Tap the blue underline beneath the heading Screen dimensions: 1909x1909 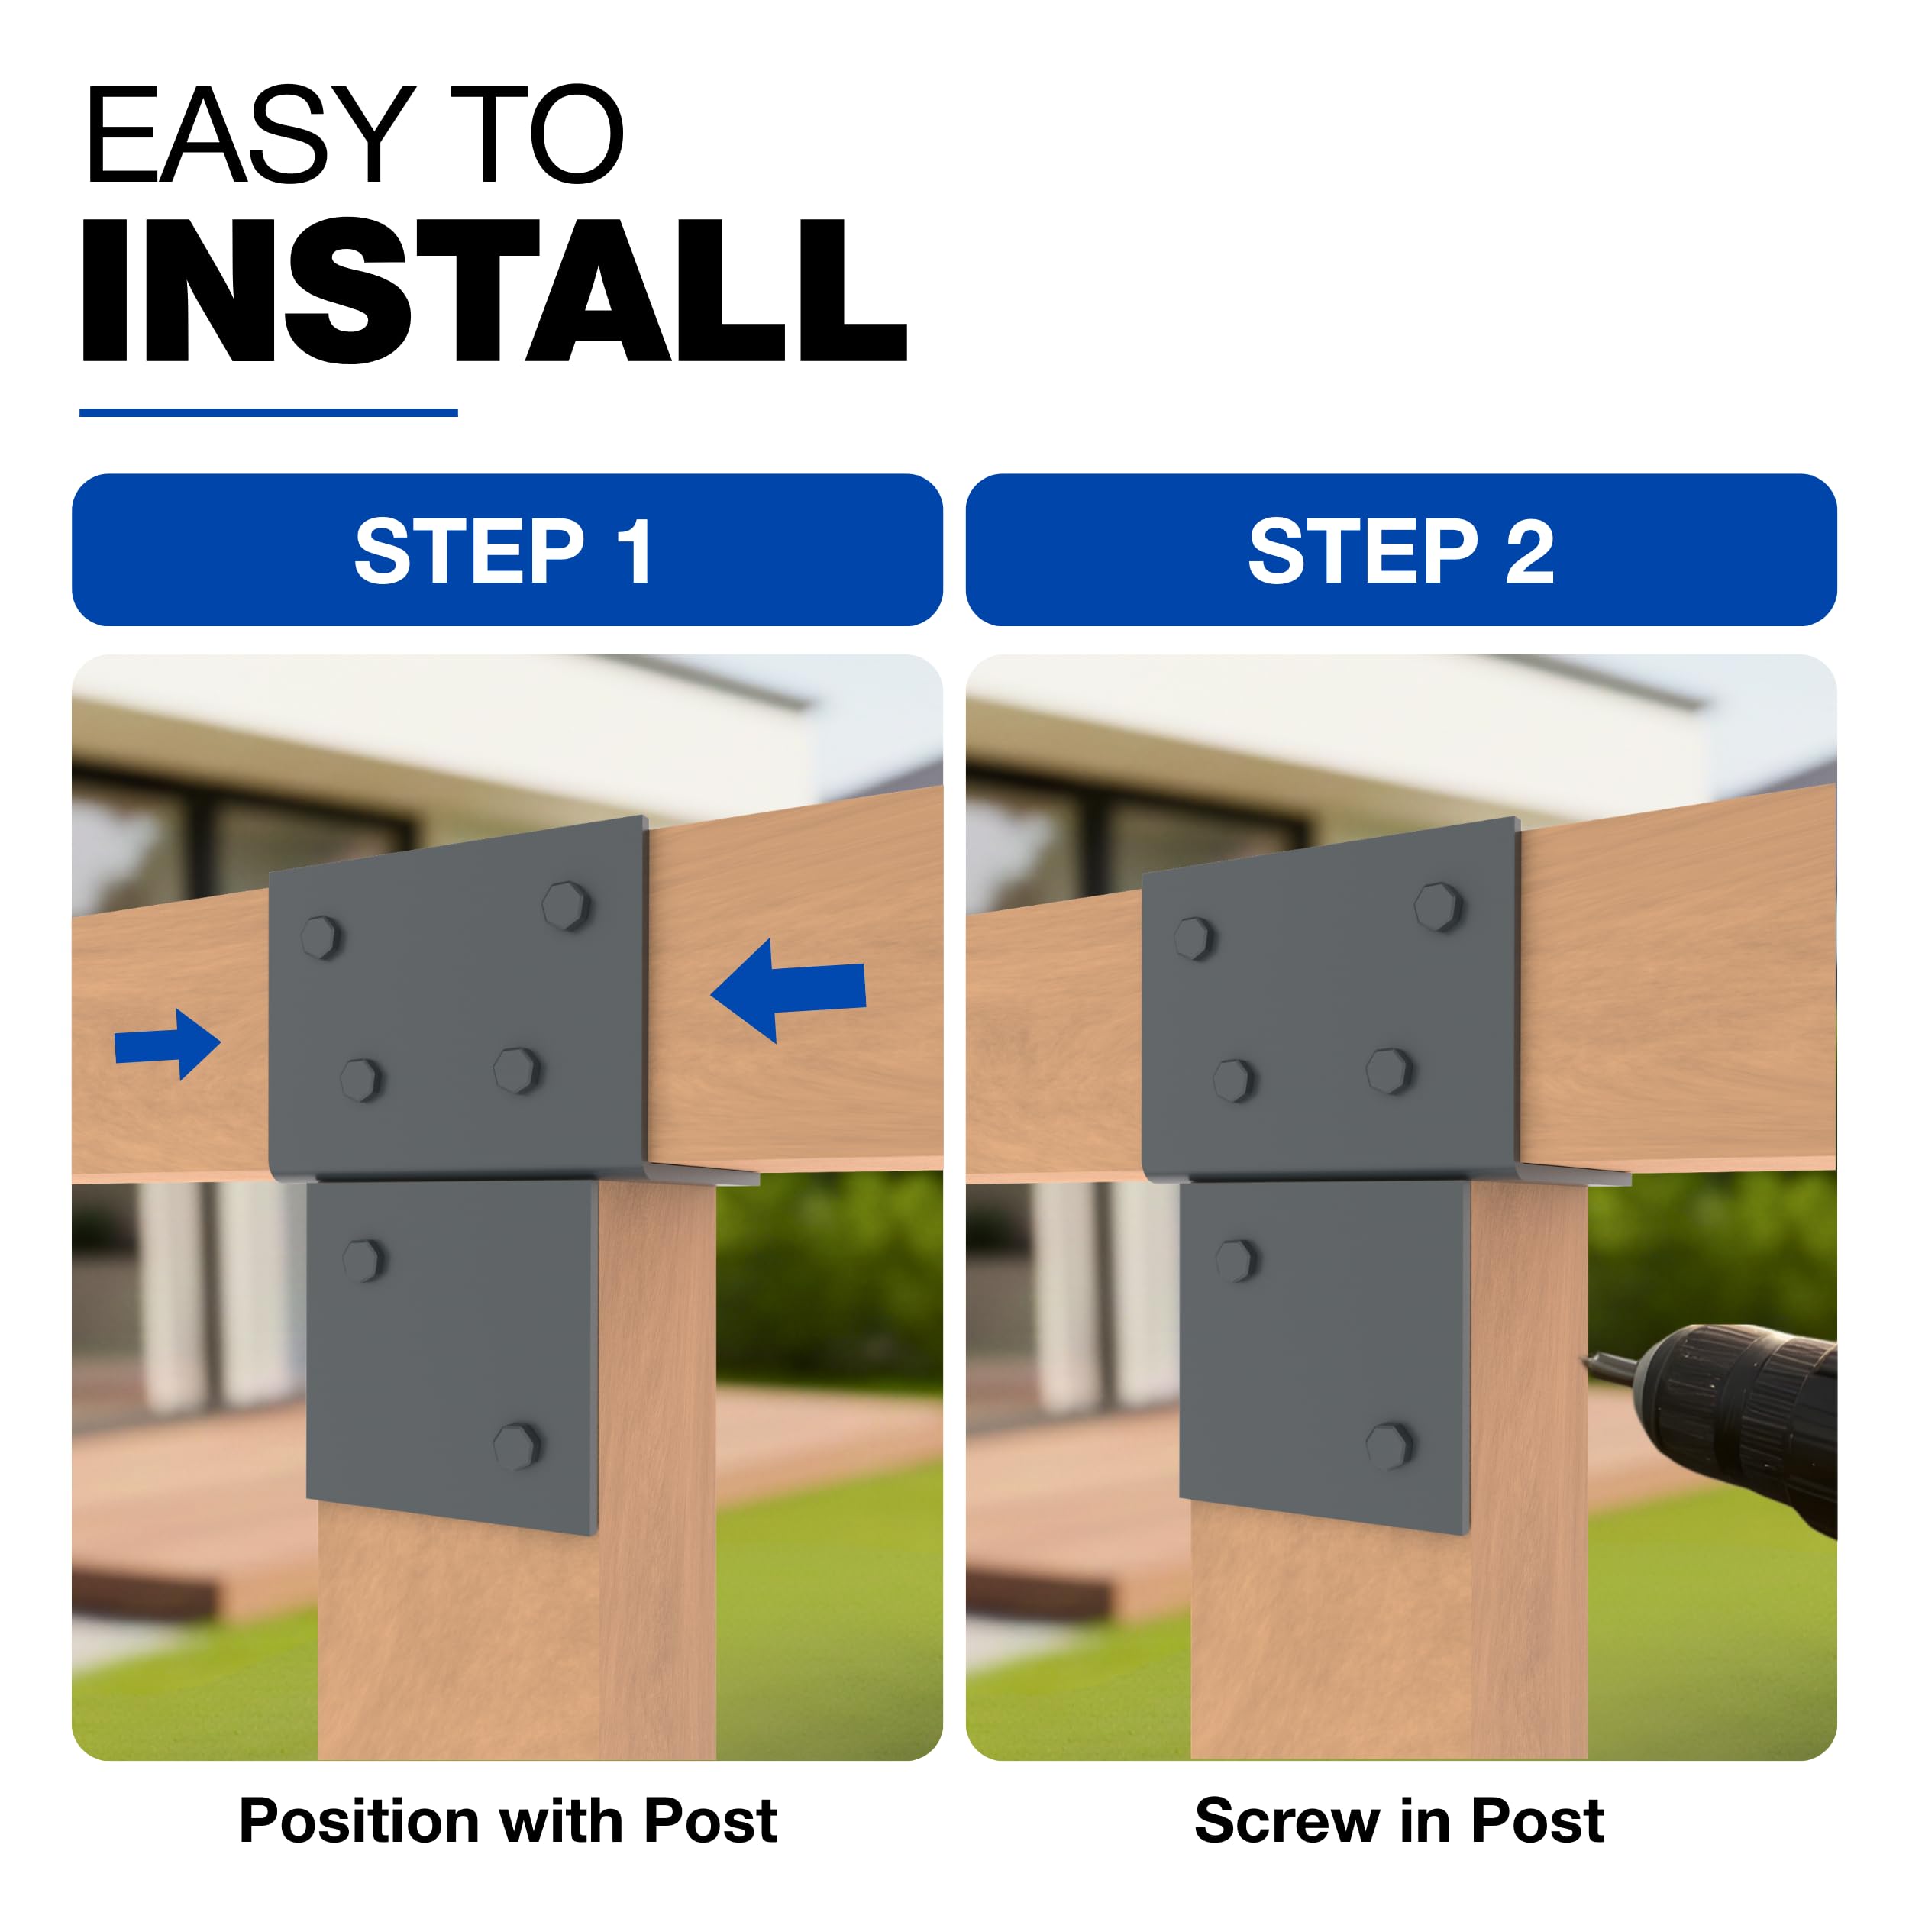[269, 412]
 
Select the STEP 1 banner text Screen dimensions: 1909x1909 [503, 551]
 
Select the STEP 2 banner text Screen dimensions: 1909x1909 [1401, 551]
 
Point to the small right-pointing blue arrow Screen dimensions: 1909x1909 [167, 1045]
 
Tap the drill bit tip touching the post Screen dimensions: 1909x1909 [1587, 1364]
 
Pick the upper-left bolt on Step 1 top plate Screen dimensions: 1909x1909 [322, 938]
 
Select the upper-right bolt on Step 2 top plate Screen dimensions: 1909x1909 [1439, 906]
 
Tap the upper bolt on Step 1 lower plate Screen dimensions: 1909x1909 [363, 1261]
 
